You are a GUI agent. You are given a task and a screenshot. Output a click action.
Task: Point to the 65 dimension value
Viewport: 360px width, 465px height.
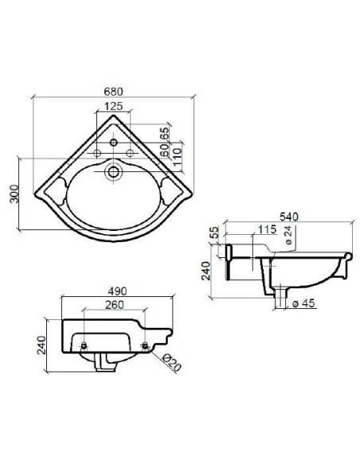click(x=165, y=133)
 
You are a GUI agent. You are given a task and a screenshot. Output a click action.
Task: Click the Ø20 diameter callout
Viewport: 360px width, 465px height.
click(x=170, y=361)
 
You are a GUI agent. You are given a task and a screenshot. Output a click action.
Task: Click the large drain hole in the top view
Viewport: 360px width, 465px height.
click(x=113, y=169)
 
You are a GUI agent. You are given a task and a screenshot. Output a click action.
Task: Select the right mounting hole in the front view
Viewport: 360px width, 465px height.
click(x=145, y=344)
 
